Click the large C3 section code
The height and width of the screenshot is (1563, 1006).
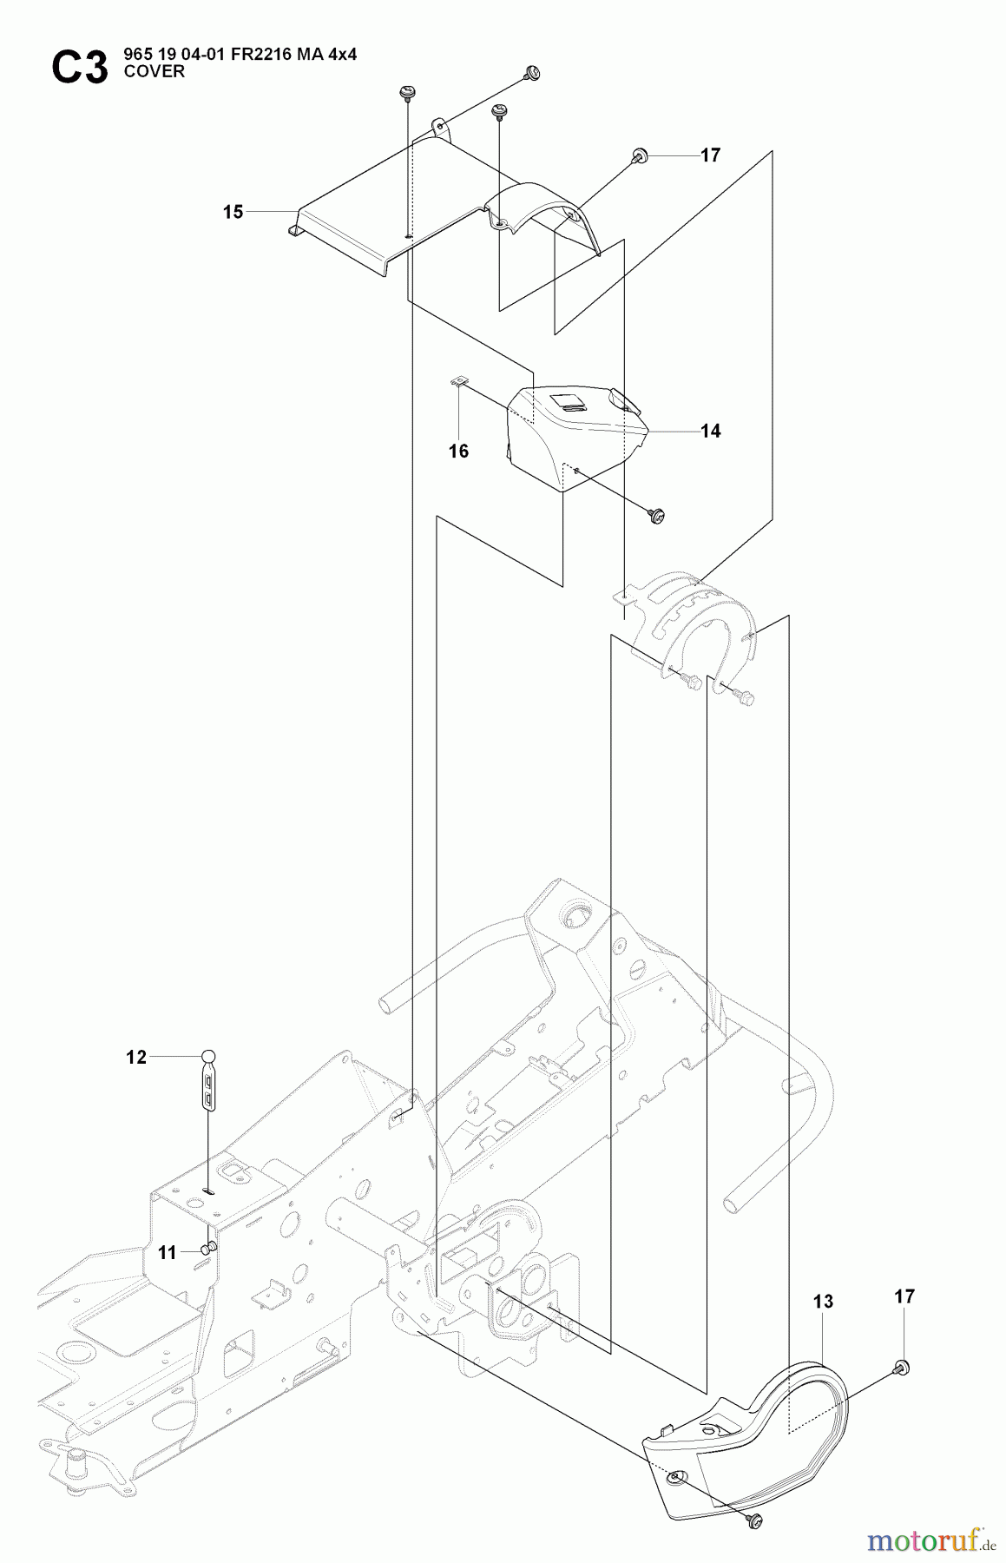[80, 68]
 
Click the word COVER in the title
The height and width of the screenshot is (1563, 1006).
[155, 72]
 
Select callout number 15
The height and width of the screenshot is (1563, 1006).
[233, 212]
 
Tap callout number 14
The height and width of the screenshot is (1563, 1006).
[710, 431]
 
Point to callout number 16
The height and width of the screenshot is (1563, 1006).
[458, 451]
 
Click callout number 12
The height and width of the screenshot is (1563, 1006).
[136, 1057]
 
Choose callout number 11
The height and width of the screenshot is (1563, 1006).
[168, 1252]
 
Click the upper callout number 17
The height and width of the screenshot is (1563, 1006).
[710, 155]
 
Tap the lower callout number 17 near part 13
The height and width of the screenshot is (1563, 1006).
[904, 1296]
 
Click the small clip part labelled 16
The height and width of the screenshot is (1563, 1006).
[461, 379]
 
